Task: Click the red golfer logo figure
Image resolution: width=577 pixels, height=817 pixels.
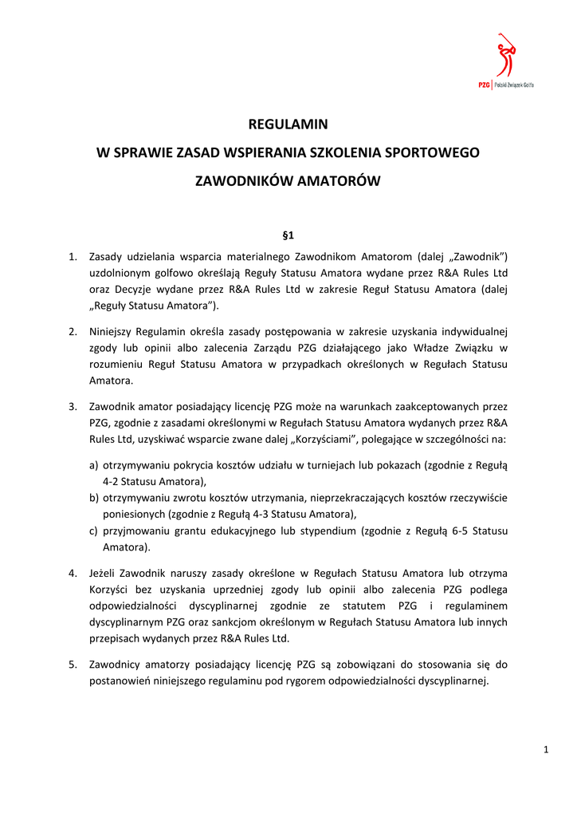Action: tap(504, 56)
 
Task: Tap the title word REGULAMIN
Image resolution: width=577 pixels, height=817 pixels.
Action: tap(288, 124)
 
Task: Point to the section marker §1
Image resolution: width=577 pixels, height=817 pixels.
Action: tap(288, 235)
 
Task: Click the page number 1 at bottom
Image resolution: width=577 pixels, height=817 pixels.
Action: tap(546, 748)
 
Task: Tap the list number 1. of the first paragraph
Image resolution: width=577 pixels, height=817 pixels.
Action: tap(73, 256)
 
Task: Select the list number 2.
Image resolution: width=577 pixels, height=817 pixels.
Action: tap(73, 331)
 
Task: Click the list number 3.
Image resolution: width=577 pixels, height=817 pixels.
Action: tap(73, 407)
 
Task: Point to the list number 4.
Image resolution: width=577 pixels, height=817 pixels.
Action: tap(73, 573)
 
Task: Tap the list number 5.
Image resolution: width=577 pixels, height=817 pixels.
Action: tap(73, 664)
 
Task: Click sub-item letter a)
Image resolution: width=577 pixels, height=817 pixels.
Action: tap(94, 465)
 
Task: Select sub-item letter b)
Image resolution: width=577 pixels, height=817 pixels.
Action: tap(94, 498)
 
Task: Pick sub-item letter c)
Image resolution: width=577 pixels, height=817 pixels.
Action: tap(94, 531)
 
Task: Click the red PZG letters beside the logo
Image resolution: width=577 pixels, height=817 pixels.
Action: tap(484, 85)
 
